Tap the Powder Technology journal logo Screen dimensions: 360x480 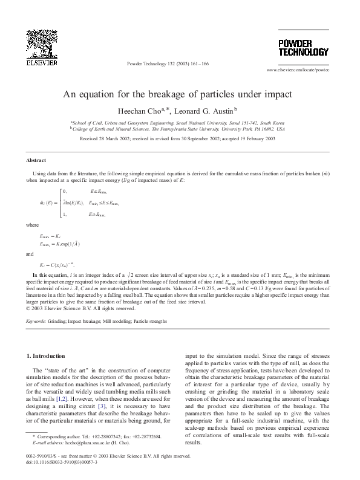303,48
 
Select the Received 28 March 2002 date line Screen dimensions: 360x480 177,138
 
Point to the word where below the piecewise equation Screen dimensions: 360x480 33,224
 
